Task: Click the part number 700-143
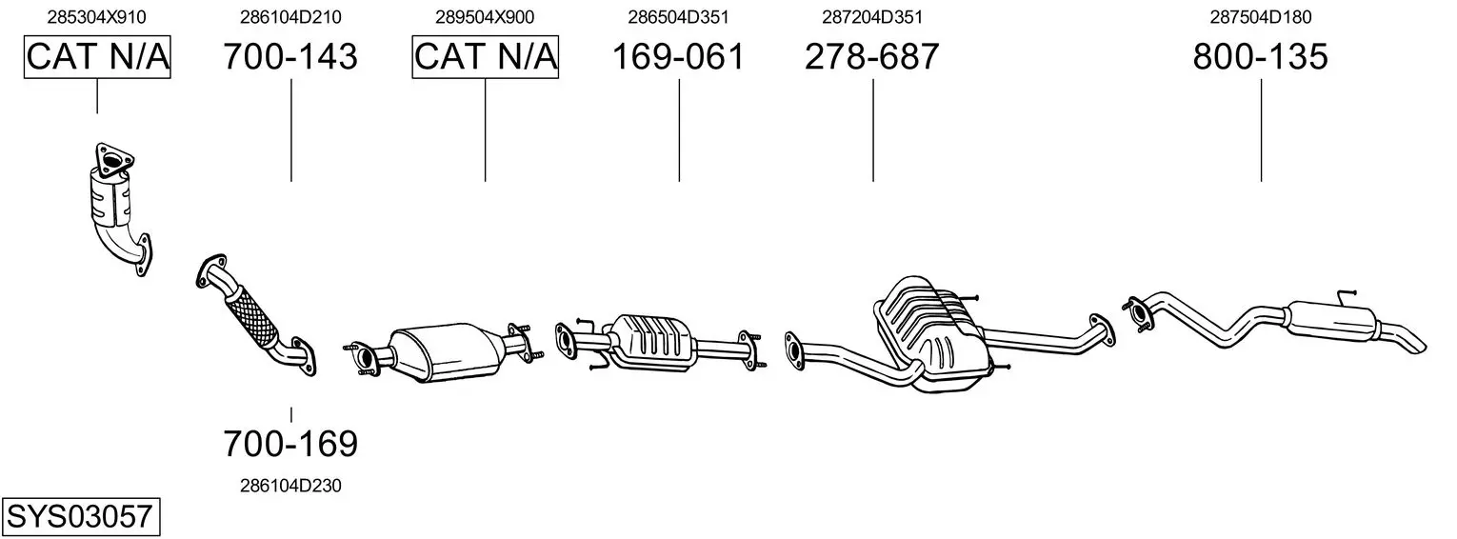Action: tap(290, 56)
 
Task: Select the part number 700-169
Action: tap(290, 444)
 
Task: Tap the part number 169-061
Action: tap(678, 56)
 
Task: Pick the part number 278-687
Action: tap(872, 56)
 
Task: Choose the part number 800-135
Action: tap(1261, 56)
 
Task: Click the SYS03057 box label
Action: tap(80, 517)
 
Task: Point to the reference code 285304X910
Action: tap(96, 17)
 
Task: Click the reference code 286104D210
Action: tap(290, 17)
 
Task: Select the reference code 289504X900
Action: tap(485, 17)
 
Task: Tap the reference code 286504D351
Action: tap(678, 17)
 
